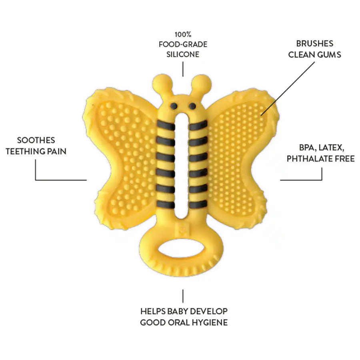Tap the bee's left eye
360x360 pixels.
[x=174, y=106]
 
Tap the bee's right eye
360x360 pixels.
[x=192, y=106]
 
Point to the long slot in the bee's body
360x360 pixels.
[x=182, y=166]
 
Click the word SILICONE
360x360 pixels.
[x=183, y=54]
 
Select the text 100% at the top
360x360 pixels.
[x=183, y=34]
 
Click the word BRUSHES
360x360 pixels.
[x=314, y=43]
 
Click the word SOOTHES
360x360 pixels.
[x=36, y=140]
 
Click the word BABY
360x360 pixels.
[x=176, y=311]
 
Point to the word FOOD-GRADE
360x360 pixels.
[x=183, y=44]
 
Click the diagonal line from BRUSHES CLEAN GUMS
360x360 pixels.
[x=288, y=89]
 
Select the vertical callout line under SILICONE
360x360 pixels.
[x=183, y=69]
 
